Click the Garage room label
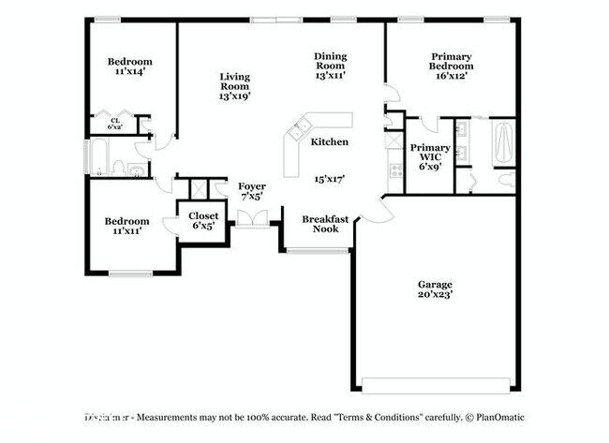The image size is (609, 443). tap(435, 284)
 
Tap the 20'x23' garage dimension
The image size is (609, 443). tap(435, 295)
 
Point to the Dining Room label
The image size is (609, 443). tap(330, 61)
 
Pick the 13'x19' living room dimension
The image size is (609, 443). tap(235, 95)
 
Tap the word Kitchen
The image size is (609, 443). tap(329, 142)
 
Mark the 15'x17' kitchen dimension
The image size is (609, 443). tap(329, 178)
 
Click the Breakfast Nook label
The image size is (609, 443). tap(325, 224)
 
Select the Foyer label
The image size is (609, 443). tap(252, 187)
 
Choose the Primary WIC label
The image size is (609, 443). tap(430, 153)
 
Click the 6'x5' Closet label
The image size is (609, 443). tap(204, 221)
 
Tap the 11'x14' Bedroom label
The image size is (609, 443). tap(128, 66)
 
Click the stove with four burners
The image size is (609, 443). tap(395, 170)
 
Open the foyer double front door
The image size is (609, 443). tap(250, 218)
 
